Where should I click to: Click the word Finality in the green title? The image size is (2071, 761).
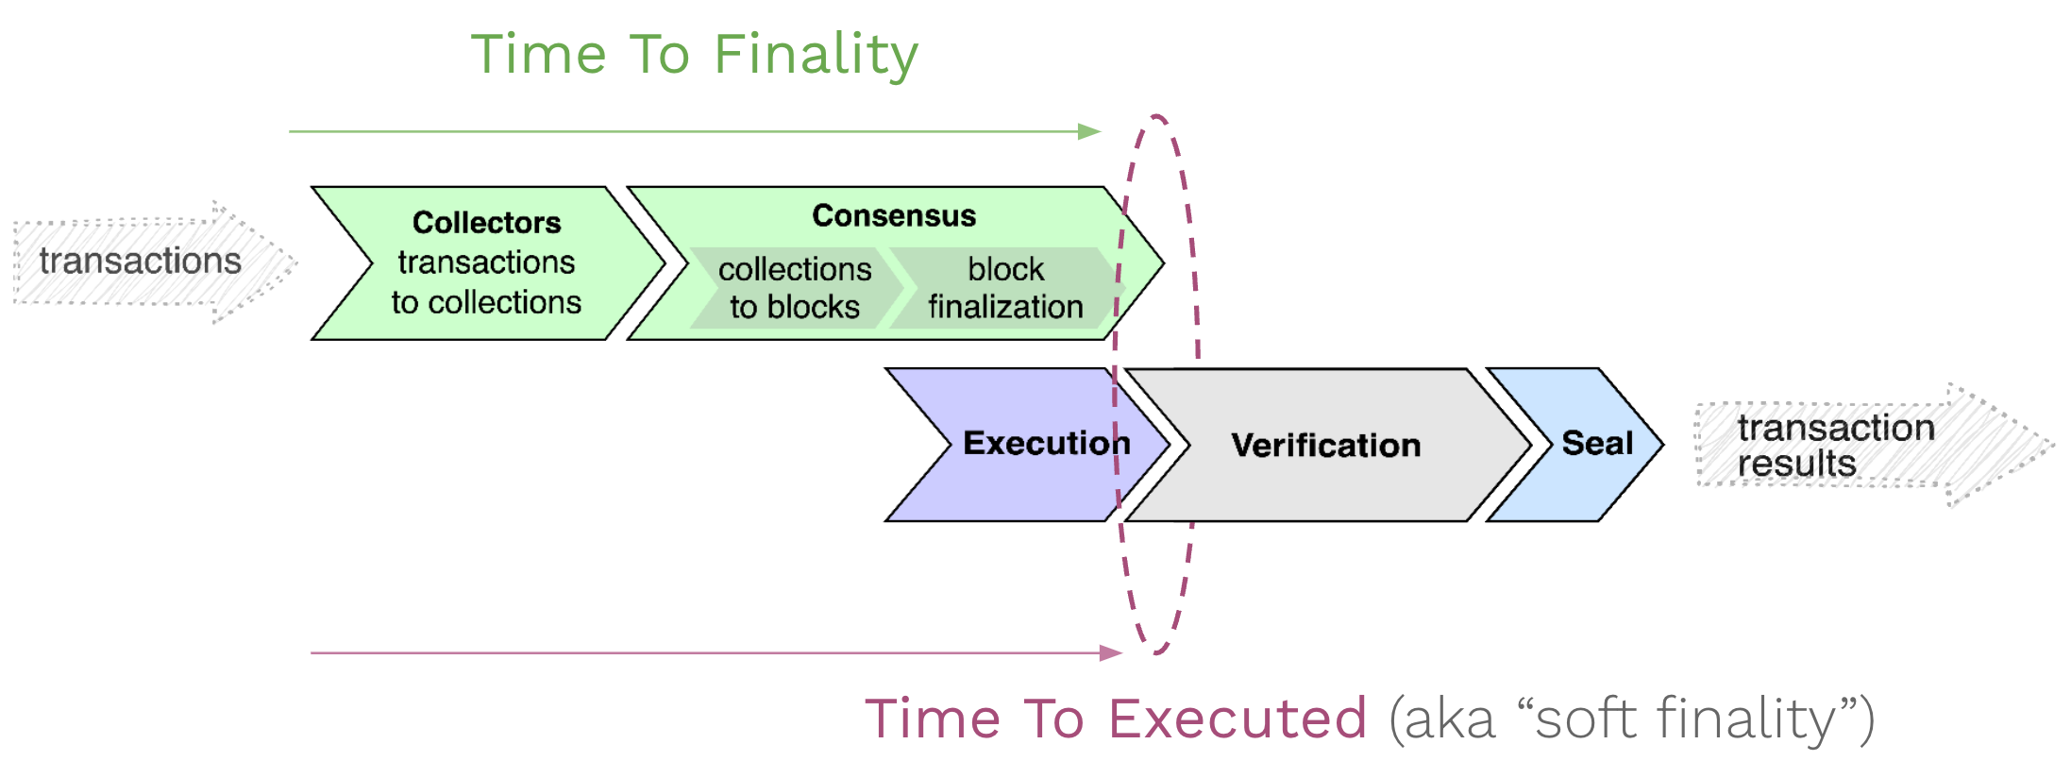pyautogui.click(x=816, y=55)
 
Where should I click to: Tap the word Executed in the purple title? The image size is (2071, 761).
pyautogui.click(x=1238, y=719)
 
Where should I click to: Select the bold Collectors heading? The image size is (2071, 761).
pyautogui.click(x=486, y=223)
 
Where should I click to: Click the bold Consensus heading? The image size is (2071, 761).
pyautogui.click(x=894, y=216)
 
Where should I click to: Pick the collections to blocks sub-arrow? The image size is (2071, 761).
pyautogui.click(x=794, y=288)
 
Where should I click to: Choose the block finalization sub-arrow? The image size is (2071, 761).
pyautogui.click(x=1005, y=288)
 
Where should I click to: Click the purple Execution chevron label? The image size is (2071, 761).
pyautogui.click(x=1046, y=444)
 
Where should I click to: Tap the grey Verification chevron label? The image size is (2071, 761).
pyautogui.click(x=1325, y=446)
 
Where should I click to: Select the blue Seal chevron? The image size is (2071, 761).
pyautogui.click(x=1596, y=444)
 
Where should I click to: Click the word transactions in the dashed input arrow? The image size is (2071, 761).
pyautogui.click(x=140, y=262)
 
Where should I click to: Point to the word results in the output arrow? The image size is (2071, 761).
pyautogui.click(x=1796, y=465)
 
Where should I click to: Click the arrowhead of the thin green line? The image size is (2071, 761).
pyautogui.click(x=1089, y=131)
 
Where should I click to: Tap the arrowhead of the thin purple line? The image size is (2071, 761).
pyautogui.click(x=1111, y=652)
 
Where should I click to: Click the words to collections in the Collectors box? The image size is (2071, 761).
pyautogui.click(x=486, y=303)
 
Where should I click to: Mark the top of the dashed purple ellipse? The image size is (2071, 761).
pyautogui.click(x=1156, y=117)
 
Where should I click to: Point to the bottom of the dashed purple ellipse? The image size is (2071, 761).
pyautogui.click(x=1156, y=652)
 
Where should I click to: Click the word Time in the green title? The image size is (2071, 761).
pyautogui.click(x=539, y=55)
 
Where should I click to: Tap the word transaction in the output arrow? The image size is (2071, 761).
pyautogui.click(x=1836, y=428)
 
